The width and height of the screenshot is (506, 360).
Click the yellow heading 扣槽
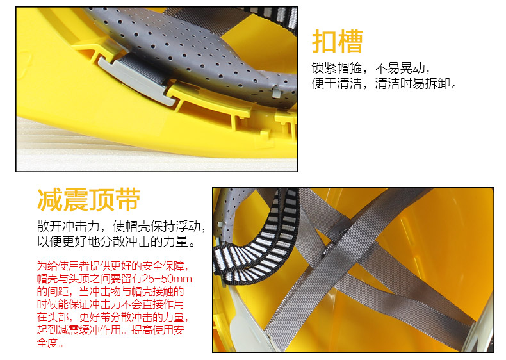pos(337,41)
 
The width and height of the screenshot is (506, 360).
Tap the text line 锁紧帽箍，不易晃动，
pos(371,68)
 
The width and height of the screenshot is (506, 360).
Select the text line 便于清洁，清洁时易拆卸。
pos(384,83)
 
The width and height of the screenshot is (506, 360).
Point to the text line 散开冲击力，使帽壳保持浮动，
pos(121,226)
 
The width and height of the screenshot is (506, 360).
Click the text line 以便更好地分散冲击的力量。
pos(117,241)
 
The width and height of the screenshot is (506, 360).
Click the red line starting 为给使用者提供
pos(113,266)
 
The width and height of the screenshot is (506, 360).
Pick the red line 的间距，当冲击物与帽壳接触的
pos(110,291)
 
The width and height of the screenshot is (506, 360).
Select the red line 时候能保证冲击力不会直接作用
pos(110,304)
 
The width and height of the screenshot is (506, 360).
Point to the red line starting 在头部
pos(113,317)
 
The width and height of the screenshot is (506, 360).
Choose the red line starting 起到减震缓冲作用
pos(110,330)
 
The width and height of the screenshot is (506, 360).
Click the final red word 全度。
pos(51,342)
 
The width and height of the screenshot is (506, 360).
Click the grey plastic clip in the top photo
pos(138,81)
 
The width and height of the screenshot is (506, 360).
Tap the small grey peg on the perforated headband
pos(277,92)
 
